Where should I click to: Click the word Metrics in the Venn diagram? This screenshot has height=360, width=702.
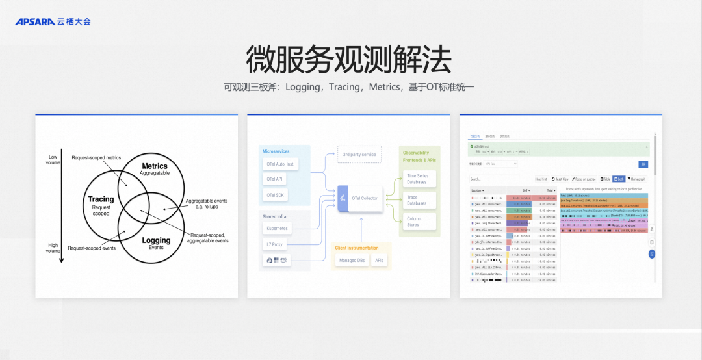[x=155, y=166]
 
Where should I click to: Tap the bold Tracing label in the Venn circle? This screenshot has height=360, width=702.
[x=101, y=199]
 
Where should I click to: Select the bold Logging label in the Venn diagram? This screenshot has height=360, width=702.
[x=156, y=240]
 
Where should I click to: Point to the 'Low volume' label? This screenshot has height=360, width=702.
[x=53, y=160]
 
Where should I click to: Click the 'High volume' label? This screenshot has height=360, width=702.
[x=53, y=248]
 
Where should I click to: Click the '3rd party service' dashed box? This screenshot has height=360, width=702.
[x=360, y=155]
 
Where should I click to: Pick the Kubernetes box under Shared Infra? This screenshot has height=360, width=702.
[x=278, y=228]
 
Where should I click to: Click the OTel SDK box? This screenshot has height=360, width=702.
[x=275, y=195]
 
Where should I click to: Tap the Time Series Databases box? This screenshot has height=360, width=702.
[x=417, y=179]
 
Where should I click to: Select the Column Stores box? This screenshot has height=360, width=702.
[x=414, y=222]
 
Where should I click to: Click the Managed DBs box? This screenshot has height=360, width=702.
[x=351, y=260]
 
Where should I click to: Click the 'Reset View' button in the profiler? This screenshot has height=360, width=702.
[x=560, y=179]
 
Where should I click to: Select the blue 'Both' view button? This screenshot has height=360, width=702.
[x=619, y=179]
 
